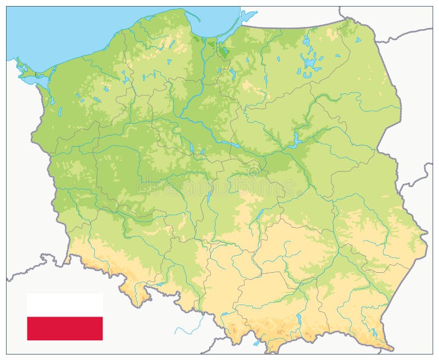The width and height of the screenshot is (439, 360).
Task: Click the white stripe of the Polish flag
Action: point(65,305)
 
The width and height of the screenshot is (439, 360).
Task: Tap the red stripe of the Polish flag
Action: point(65,328)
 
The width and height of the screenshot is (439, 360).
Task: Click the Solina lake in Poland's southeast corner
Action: point(374,332)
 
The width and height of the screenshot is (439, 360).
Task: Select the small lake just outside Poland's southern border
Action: point(257,342)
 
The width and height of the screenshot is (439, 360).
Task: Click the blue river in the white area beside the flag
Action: point(189,324)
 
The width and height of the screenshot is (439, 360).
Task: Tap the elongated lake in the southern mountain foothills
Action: point(299,319)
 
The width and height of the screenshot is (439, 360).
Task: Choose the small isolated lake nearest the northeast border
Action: point(357,40)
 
